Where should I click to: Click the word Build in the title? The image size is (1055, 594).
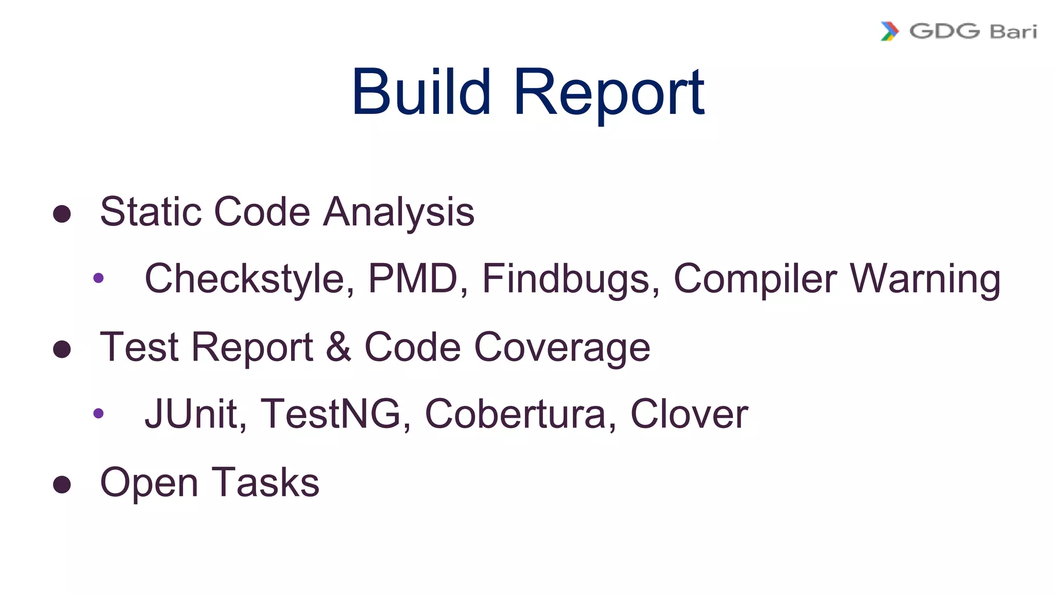(x=421, y=93)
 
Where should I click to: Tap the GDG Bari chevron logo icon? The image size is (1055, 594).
(x=890, y=31)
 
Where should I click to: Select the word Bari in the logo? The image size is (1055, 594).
(x=1013, y=32)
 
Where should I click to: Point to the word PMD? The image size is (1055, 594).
(x=413, y=279)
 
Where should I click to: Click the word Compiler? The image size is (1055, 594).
(x=755, y=279)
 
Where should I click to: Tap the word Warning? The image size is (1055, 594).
(x=925, y=279)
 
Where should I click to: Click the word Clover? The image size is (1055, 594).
(x=689, y=414)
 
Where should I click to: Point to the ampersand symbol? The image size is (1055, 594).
(x=338, y=347)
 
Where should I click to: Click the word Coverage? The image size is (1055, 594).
(x=562, y=348)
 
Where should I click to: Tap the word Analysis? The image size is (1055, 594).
(x=398, y=212)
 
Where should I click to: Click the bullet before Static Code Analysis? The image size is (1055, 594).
(x=62, y=214)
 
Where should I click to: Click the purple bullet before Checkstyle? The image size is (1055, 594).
(x=98, y=278)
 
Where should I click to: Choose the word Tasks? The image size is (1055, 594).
(x=265, y=483)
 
